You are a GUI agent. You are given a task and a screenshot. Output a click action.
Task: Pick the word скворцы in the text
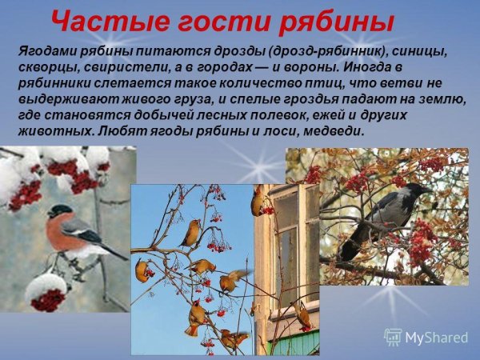45,66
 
